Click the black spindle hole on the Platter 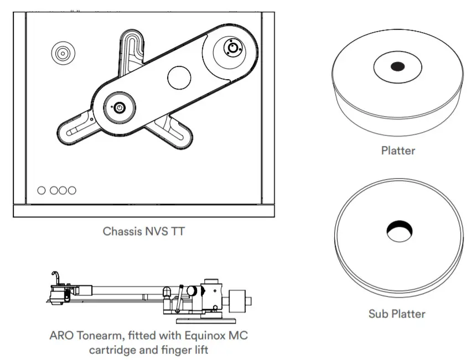coord(397,67)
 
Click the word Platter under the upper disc coord(398,150)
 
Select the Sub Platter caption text coord(397,314)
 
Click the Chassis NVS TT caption coord(144,232)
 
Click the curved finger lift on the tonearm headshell coord(54,276)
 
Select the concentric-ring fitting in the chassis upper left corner coord(62,54)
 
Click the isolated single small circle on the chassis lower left coord(42,191)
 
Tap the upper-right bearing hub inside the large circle coord(232,48)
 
